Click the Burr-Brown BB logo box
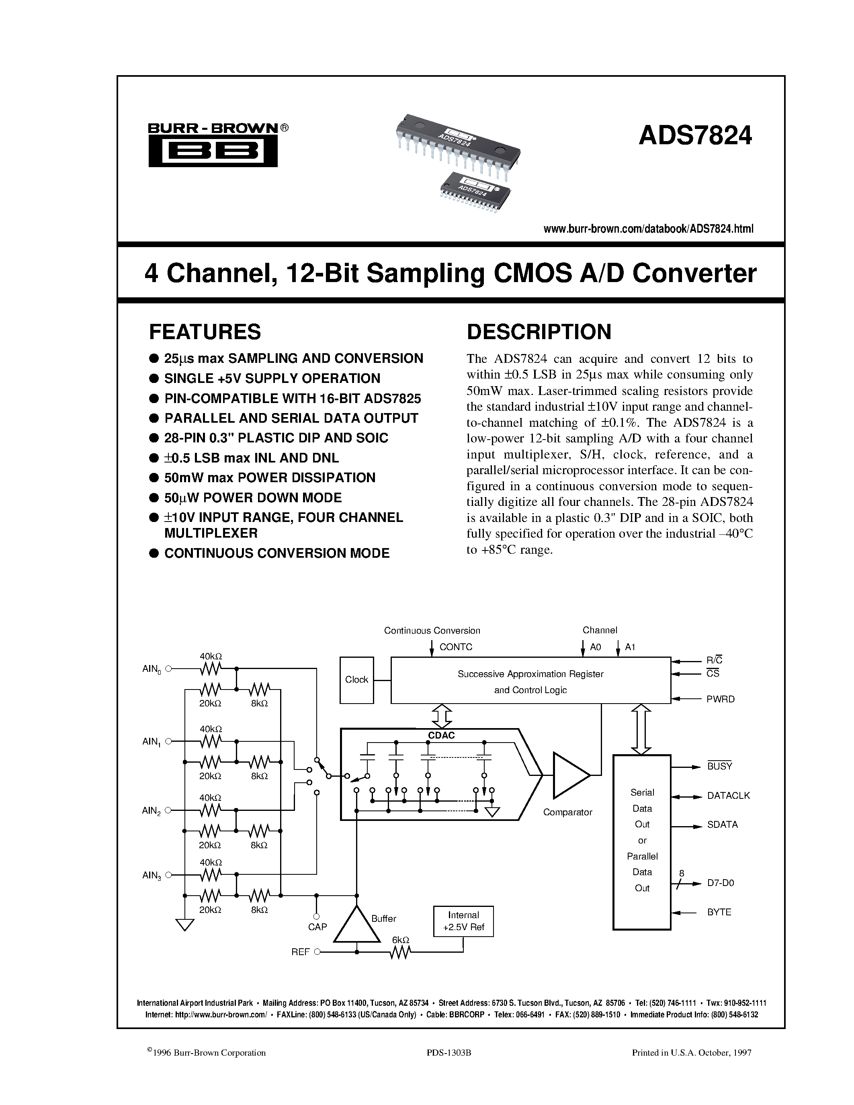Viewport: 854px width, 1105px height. point(213,151)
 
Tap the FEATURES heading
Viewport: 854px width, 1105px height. point(205,332)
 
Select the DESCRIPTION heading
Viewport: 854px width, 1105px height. point(539,332)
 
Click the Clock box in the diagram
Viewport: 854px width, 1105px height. point(357,680)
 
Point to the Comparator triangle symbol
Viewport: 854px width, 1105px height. point(569,775)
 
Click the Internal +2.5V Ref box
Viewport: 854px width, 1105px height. point(463,921)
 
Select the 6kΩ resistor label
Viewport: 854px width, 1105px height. point(400,939)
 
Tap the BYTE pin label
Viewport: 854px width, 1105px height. point(719,912)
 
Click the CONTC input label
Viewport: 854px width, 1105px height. point(456,647)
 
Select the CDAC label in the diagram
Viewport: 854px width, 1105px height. point(441,736)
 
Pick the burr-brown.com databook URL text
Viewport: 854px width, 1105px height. point(648,229)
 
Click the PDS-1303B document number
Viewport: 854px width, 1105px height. point(449,1053)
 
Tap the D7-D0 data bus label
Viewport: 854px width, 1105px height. point(721,883)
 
